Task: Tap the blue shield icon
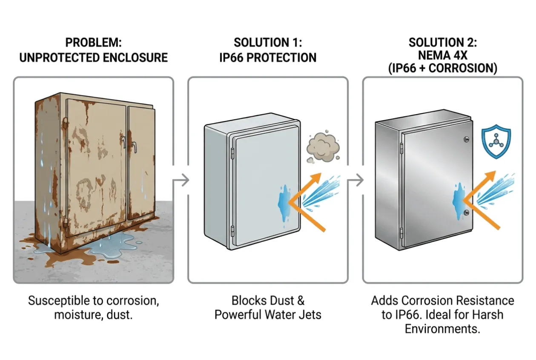point(496,141)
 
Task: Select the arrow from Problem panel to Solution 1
point(181,180)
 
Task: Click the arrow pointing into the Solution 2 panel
point(355,180)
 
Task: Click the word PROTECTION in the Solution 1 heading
point(281,58)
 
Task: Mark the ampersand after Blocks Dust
point(301,301)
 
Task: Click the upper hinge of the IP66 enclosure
point(232,153)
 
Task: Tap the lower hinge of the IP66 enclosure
point(232,231)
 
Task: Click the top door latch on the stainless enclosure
point(466,139)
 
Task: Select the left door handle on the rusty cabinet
point(123,142)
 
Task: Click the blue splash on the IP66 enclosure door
point(284,203)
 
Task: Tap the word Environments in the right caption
point(442,329)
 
